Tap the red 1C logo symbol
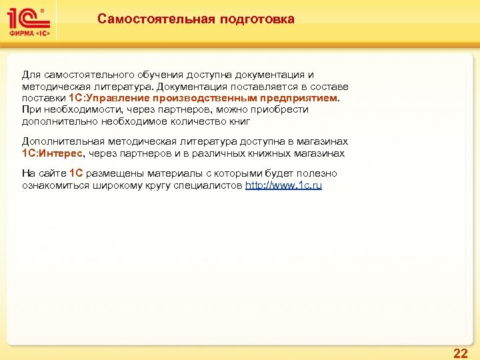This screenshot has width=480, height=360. click(26, 17)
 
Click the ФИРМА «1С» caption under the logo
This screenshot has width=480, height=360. click(31, 34)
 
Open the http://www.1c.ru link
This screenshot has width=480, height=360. click(283, 185)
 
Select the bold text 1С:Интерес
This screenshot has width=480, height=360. click(52, 153)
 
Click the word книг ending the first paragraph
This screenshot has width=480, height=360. click(244, 121)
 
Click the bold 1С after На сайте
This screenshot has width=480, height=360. click(75, 173)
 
